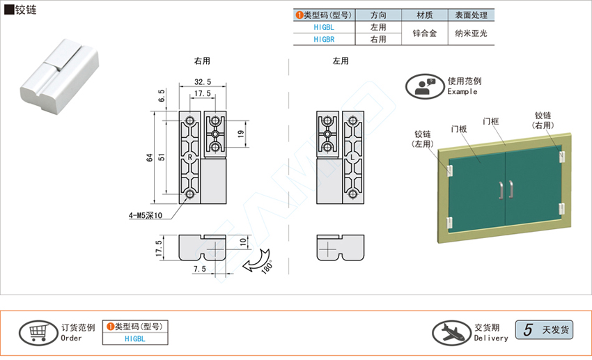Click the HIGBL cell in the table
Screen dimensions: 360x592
[324, 26]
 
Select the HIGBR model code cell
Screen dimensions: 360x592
[324, 40]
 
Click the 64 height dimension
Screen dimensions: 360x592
[149, 157]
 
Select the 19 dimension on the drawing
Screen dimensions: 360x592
[241, 132]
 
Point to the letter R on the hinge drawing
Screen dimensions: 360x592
[190, 157]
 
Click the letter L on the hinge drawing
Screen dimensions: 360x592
[353, 157]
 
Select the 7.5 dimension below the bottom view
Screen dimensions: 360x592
[199, 268]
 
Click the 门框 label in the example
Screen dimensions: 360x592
[490, 121]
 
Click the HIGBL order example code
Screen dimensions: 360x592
[135, 339]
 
